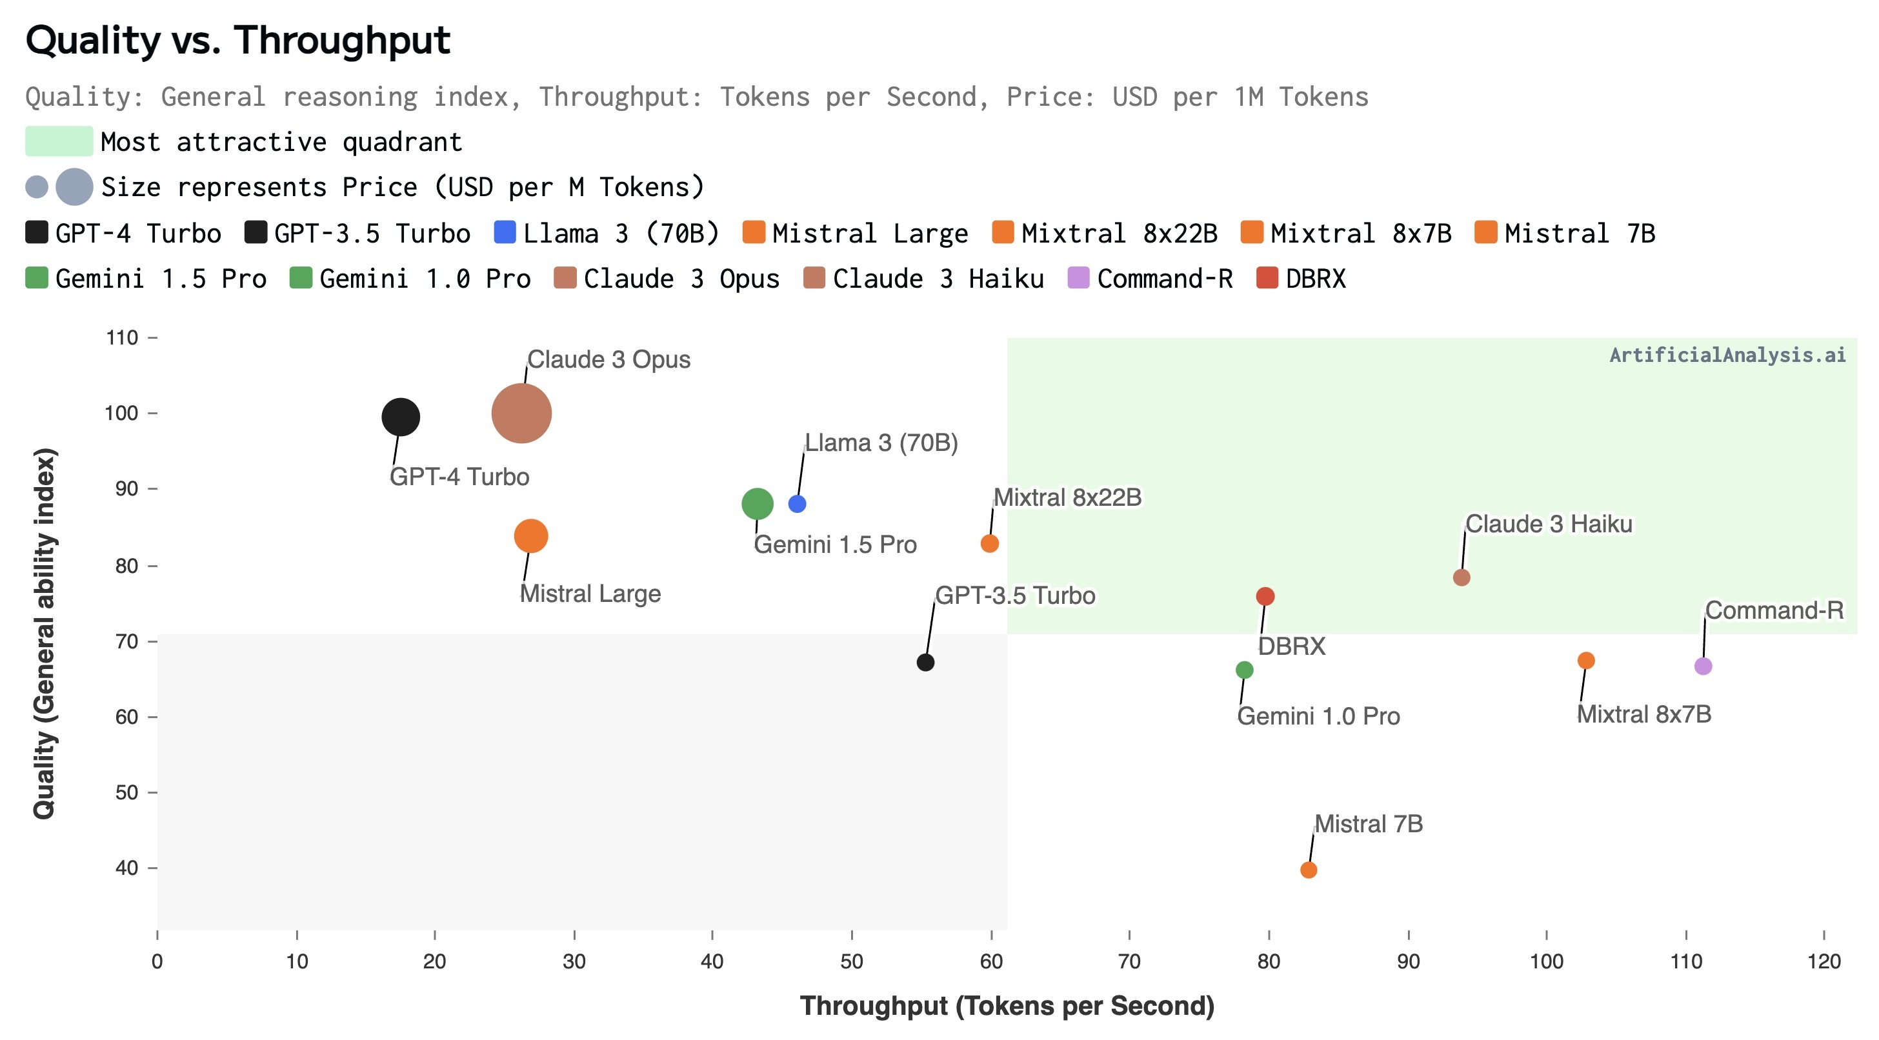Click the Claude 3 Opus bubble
(521, 414)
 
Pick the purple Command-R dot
(1702, 666)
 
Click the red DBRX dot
(1265, 597)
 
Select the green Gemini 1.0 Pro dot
(1245, 670)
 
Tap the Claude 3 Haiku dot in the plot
(1461, 577)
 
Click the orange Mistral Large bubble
(530, 536)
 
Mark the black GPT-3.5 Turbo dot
(925, 662)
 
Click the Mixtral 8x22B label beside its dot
(1067, 497)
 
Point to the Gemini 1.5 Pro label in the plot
(834, 545)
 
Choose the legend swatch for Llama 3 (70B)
(505, 233)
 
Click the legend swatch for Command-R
(1078, 278)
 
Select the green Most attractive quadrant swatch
(59, 141)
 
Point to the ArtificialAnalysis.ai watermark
(1727, 355)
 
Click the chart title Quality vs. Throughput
(238, 40)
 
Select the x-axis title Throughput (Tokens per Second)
(1007, 1006)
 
